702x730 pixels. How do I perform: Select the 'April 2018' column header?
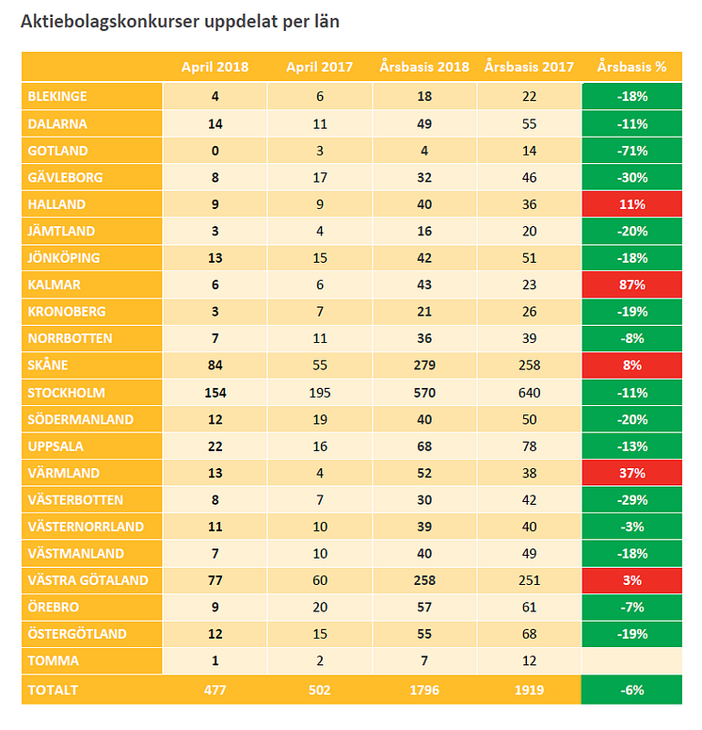(x=215, y=67)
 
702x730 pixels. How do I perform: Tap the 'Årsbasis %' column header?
(x=631, y=67)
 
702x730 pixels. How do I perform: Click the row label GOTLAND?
(x=58, y=151)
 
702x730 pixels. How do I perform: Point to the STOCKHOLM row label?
(x=66, y=393)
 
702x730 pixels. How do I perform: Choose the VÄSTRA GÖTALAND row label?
(x=88, y=580)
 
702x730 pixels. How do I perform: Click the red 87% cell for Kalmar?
(x=631, y=284)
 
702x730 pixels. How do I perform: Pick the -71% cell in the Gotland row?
(x=631, y=151)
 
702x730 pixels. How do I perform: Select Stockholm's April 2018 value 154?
(x=215, y=393)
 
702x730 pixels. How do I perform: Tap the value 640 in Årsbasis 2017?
(x=530, y=393)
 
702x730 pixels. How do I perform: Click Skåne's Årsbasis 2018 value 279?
(x=425, y=365)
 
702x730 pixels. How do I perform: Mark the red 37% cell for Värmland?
(x=631, y=473)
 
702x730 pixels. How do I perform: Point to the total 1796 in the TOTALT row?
(x=425, y=690)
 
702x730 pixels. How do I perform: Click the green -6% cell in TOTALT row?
(x=631, y=690)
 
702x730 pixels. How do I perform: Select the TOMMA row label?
(x=54, y=660)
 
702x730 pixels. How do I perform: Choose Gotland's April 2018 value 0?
(x=215, y=151)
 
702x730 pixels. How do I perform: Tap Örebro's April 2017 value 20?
(x=320, y=607)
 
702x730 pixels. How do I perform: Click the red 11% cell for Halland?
(x=631, y=204)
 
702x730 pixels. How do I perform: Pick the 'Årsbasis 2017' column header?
(x=530, y=67)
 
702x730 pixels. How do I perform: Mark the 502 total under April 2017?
(x=320, y=690)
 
